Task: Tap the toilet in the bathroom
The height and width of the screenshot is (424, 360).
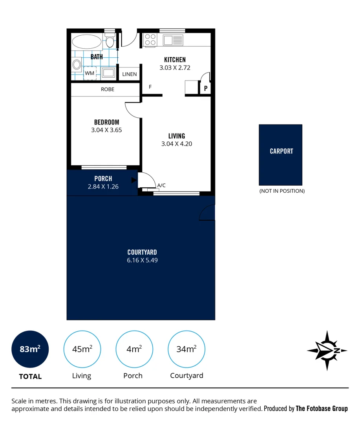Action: point(110,41)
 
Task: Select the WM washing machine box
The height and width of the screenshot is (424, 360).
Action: point(90,73)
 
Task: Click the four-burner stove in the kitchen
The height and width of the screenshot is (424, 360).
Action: point(150,40)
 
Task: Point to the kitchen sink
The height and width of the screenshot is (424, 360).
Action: point(173,40)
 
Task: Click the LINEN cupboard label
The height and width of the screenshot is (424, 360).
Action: point(130,74)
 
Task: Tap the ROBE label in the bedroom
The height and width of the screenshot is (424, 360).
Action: point(108,89)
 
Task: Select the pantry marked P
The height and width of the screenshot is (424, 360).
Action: point(205,89)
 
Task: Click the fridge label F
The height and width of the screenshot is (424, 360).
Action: point(150,87)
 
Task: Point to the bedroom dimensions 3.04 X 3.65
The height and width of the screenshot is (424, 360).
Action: point(106,130)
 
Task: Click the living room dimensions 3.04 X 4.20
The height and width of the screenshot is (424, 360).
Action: point(177,144)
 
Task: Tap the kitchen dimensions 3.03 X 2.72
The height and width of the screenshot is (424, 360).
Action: point(175,68)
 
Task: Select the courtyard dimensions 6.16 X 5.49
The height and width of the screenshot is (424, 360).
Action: point(142,260)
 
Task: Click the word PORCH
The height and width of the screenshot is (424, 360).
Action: point(103,179)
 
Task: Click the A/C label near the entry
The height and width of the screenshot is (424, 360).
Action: point(161,185)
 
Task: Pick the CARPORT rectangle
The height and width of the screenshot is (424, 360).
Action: point(281,155)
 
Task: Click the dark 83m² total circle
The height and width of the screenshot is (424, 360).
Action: point(30,349)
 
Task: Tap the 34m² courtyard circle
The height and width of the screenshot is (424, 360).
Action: point(186,349)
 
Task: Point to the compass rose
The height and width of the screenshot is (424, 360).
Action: point(327,351)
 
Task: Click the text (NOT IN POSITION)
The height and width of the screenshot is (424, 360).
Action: point(281,191)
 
